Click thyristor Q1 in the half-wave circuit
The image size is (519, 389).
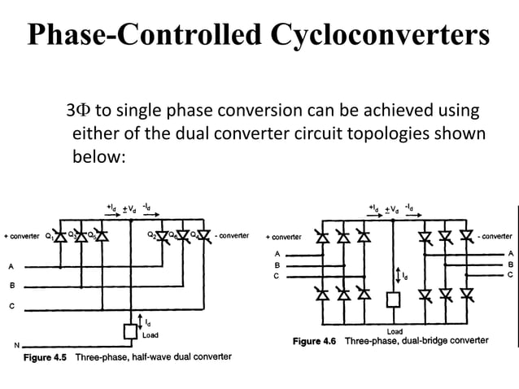coord(61,238)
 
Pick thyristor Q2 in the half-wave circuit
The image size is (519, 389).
coord(161,238)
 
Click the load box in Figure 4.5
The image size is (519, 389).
coord(129,331)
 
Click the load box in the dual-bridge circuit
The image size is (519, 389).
coord(394,299)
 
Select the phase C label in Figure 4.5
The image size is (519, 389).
coord(11,306)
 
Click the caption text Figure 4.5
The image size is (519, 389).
coord(47,357)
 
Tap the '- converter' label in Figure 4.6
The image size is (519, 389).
coord(495,237)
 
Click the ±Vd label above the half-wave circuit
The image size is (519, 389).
coord(128,208)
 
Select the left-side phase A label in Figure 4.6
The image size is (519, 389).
coord(277,254)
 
